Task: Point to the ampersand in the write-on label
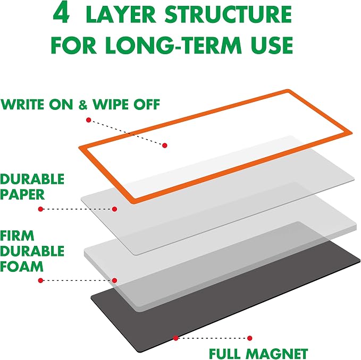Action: click(83, 105)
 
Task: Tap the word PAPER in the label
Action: click(22, 194)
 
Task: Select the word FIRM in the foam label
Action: click(17, 236)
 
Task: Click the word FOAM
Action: click(22, 267)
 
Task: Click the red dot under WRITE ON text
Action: click(89, 120)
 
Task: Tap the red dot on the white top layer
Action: click(165, 145)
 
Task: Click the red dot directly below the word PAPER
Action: click(41, 209)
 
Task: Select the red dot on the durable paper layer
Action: click(114, 209)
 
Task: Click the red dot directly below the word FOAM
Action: click(41, 280)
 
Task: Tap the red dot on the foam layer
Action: click(114, 280)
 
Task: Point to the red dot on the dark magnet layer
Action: click(175, 338)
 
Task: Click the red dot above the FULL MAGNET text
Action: click(249, 338)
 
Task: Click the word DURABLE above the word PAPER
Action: click(32, 179)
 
